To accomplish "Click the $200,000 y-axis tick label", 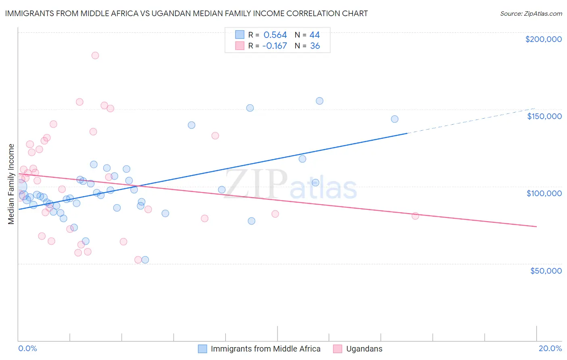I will coord(543,39).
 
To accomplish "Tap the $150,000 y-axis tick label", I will coord(544,116).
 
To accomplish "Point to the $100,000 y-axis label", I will coord(544,193).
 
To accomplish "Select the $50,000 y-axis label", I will coord(546,271).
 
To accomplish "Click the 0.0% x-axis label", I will coord(27,348).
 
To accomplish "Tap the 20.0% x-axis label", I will coord(550,348).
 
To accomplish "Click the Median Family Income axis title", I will coord(11,184).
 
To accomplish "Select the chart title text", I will coord(186,13).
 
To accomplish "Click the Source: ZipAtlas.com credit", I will coord(531,14).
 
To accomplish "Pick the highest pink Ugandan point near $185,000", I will coord(95,55).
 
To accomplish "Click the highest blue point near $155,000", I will coord(319,101).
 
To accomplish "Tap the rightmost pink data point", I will coord(415,216).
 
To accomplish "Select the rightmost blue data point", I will coord(394,119).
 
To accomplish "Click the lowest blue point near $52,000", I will coord(145,260).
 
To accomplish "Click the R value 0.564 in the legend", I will coord(275,35).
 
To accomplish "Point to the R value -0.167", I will coord(274,46).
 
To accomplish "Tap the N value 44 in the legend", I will coord(315,35).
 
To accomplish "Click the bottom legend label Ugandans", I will coord(364,349).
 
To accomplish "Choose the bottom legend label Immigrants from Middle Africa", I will coord(265,349).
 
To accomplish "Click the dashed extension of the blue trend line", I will coord(472,120).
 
